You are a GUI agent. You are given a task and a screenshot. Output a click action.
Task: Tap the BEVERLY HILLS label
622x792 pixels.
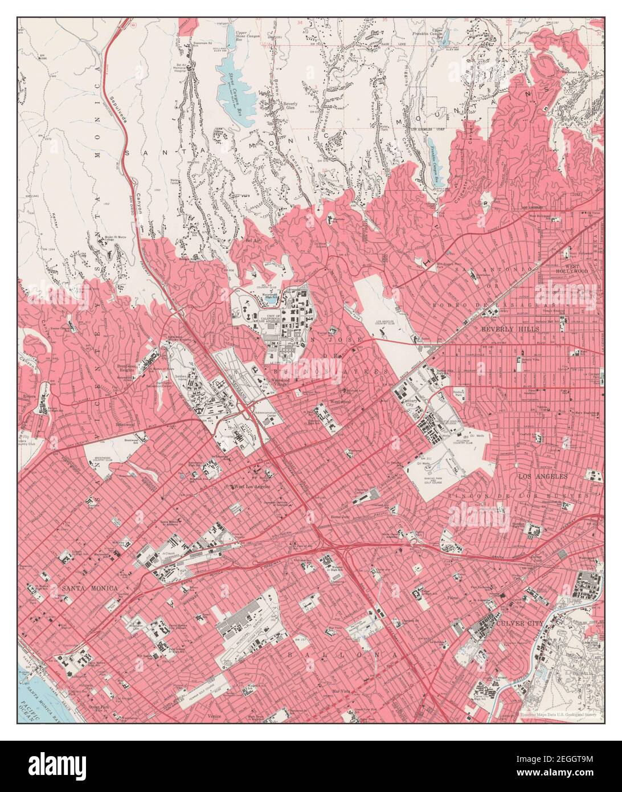(x=505, y=329)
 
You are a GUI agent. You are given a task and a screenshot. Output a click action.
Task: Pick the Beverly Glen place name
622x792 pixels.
(x=290, y=107)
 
